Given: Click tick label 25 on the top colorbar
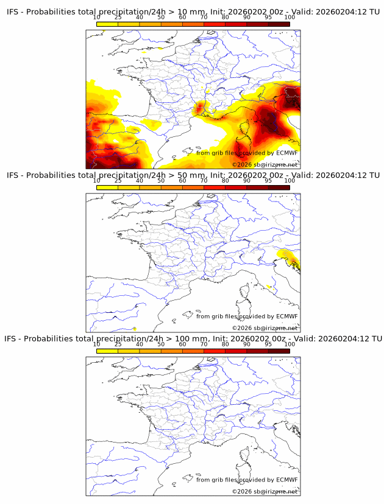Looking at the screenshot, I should click(118, 17).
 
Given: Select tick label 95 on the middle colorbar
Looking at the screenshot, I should click(268, 181).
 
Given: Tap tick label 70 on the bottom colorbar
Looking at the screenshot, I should click(204, 345).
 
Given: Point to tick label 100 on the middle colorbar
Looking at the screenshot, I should click(290, 181).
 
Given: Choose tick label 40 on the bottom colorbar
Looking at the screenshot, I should click(140, 345).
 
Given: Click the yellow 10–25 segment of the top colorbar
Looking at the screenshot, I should click(107, 24).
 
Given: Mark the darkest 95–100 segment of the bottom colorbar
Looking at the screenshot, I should click(279, 351).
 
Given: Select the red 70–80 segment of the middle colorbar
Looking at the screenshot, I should click(215, 187).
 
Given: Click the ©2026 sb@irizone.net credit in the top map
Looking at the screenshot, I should click(265, 165).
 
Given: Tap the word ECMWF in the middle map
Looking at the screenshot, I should click(287, 317).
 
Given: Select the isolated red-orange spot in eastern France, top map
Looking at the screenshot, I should click(200, 109).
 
